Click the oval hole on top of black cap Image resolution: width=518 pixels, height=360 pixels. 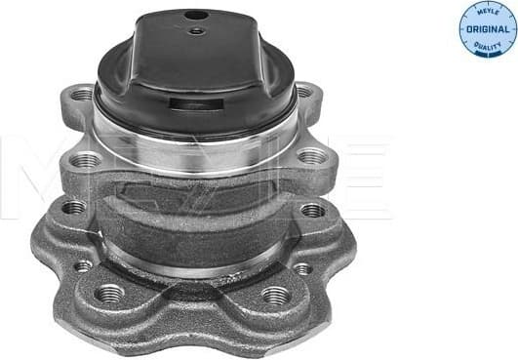[x=196, y=16]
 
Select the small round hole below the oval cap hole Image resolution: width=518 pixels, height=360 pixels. [x=197, y=30]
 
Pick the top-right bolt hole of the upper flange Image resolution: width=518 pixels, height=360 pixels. [x=303, y=92]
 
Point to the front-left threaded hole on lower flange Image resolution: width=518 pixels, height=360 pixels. [x=110, y=293]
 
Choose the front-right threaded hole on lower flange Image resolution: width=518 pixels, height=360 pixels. [x=275, y=295]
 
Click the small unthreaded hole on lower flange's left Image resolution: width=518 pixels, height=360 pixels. [x=84, y=264]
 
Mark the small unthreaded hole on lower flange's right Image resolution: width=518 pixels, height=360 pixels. [x=303, y=267]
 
